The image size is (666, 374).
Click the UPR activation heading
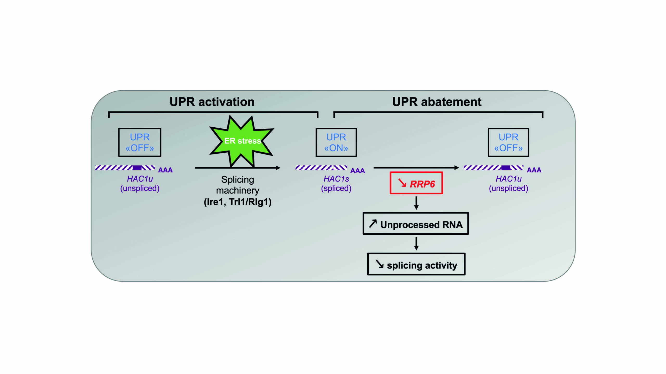(x=212, y=102)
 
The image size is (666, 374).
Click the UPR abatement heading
(x=437, y=102)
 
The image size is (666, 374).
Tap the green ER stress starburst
(x=241, y=141)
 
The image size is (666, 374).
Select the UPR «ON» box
(x=336, y=142)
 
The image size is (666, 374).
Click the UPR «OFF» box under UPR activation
(x=140, y=142)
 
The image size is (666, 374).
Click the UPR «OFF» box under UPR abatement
(x=508, y=142)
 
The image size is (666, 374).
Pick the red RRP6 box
(x=416, y=183)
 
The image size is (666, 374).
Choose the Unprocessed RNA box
(x=415, y=224)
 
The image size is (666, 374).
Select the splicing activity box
(x=416, y=264)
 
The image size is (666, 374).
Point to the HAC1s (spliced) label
(x=336, y=183)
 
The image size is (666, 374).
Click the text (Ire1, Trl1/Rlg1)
(x=238, y=202)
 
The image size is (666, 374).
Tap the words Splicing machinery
(x=238, y=185)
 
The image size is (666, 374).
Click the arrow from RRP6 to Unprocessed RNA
(x=416, y=203)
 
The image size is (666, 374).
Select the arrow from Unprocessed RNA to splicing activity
(x=416, y=244)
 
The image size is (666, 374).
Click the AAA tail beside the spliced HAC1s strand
(x=357, y=171)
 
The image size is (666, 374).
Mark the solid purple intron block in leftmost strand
(x=137, y=168)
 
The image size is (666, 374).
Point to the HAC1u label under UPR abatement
(x=508, y=179)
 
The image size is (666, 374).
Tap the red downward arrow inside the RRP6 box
(x=402, y=183)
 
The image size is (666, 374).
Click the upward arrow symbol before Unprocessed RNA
(x=373, y=223)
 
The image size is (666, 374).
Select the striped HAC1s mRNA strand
(x=321, y=168)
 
